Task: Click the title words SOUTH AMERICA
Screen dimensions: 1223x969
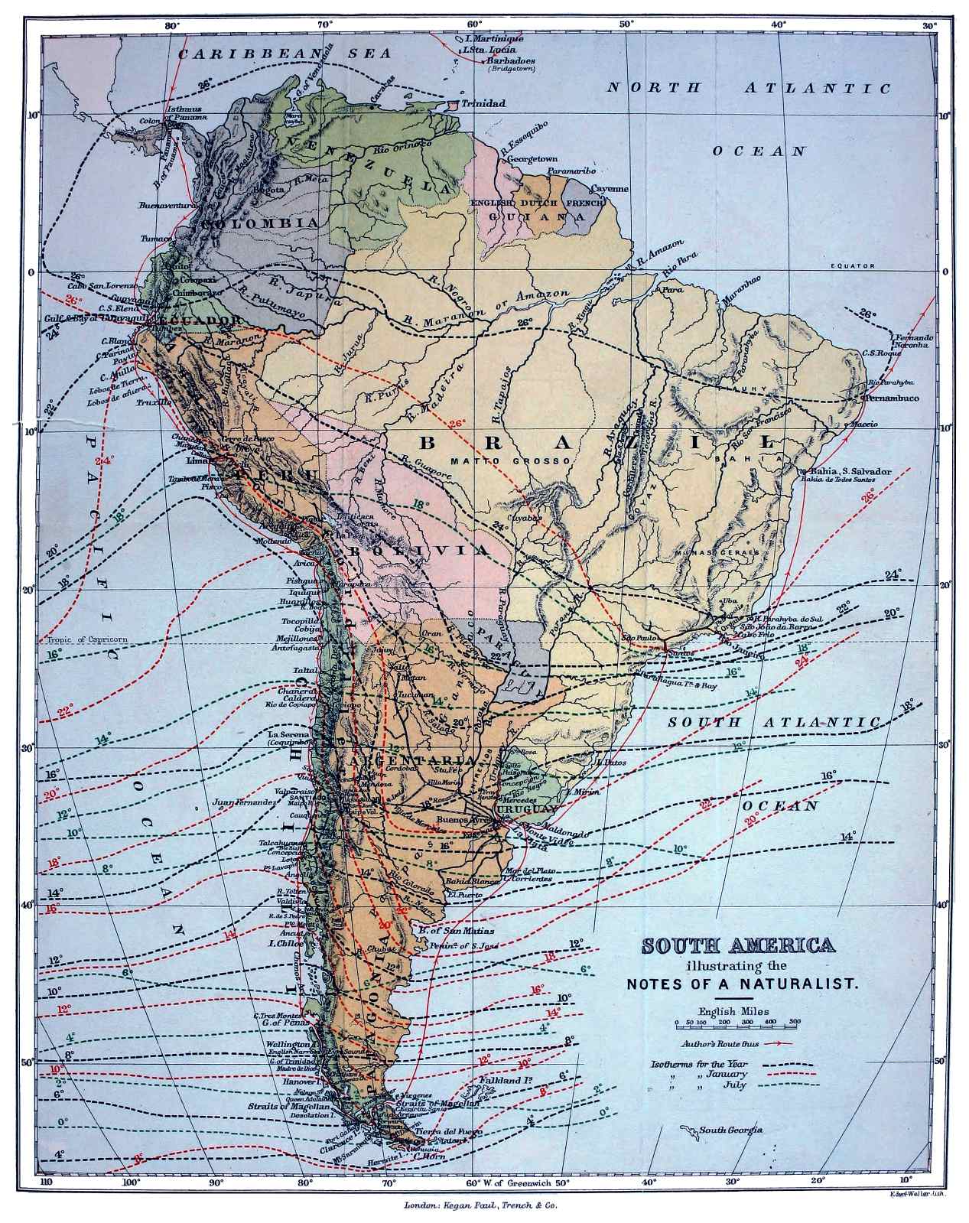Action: (x=738, y=945)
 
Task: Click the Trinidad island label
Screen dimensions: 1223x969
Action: (x=483, y=103)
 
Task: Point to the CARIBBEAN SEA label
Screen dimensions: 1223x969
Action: (x=284, y=54)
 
